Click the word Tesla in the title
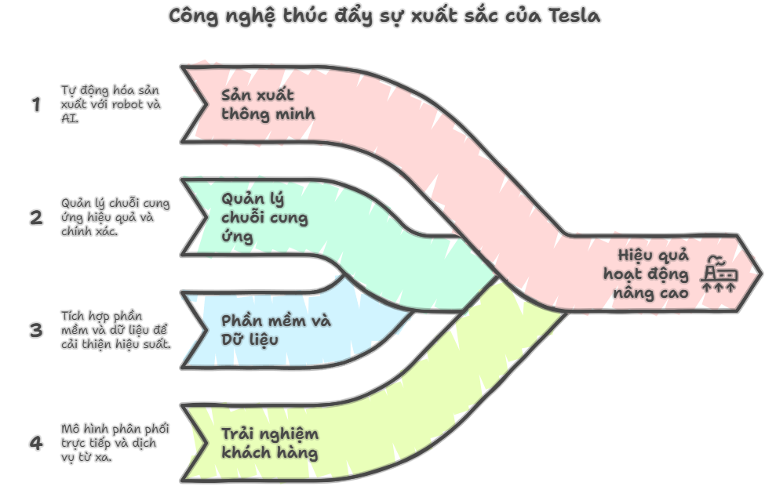click(574, 16)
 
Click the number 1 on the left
click(36, 104)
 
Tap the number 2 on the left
click(36, 218)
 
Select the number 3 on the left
click(36, 330)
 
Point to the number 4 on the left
click(36, 443)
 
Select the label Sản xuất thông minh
click(268, 104)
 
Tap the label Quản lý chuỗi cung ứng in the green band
click(264, 218)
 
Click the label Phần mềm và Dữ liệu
click(275, 330)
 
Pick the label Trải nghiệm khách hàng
click(270, 443)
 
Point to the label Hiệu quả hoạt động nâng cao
click(646, 274)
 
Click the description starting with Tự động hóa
click(111, 104)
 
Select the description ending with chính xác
click(115, 217)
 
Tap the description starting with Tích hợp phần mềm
click(116, 330)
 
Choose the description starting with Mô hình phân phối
click(115, 443)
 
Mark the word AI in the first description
click(69, 118)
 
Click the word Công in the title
click(194, 16)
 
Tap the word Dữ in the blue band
click(231, 339)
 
